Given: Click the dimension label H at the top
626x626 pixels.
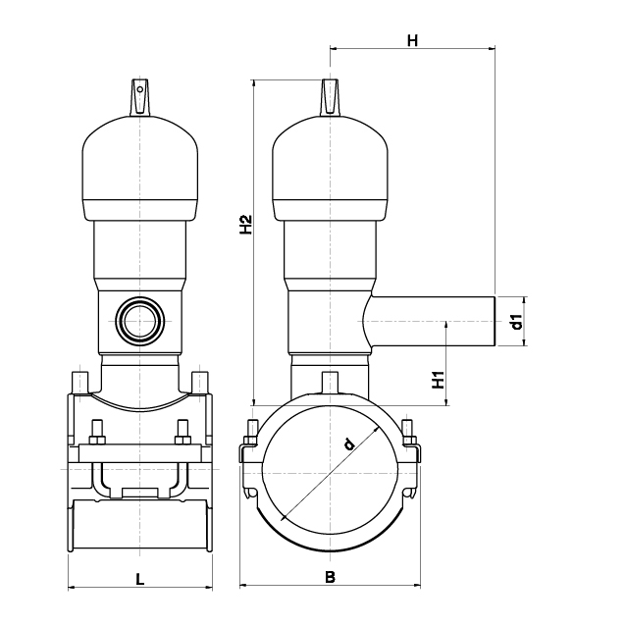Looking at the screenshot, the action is click(x=412, y=40).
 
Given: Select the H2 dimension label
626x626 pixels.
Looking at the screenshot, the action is click(x=246, y=225).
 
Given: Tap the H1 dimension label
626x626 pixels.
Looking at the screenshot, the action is click(x=439, y=380).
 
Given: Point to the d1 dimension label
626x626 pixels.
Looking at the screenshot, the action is click(x=517, y=322).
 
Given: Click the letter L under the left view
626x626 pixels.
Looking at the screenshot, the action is click(x=139, y=579).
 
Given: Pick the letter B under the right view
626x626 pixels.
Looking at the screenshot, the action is click(x=330, y=577).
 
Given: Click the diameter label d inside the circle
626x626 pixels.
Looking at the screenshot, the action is click(x=349, y=443).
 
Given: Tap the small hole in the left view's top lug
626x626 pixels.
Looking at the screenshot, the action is click(x=140, y=89).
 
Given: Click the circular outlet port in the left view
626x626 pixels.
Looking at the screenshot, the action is click(x=139, y=321).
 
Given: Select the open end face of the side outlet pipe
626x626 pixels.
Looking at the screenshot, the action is click(x=496, y=322).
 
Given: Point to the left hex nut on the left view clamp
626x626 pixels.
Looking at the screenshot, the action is click(x=97, y=440).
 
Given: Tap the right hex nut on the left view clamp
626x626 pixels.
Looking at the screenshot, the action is click(x=183, y=440).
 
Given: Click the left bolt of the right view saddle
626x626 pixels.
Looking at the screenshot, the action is click(x=251, y=433).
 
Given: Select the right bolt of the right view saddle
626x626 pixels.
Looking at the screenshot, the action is click(x=408, y=433).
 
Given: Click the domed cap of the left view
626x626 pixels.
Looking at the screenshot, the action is click(x=139, y=168).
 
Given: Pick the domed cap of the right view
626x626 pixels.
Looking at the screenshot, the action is click(x=330, y=168).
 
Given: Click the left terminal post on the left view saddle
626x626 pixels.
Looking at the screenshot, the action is click(x=79, y=383).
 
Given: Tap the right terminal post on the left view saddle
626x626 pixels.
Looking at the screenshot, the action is click(x=200, y=383).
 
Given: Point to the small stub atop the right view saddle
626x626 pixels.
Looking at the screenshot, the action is click(x=330, y=383).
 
